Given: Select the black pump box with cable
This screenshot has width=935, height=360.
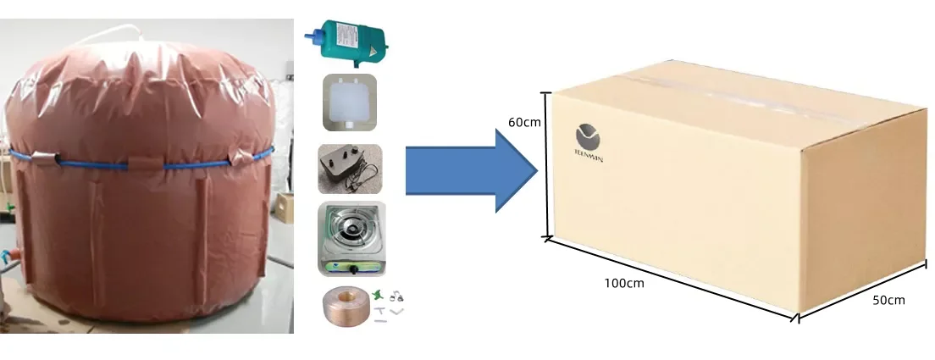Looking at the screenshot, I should pyautogui.click(x=345, y=166).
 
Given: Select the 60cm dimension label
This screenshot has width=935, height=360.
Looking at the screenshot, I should pyautogui.click(x=524, y=122).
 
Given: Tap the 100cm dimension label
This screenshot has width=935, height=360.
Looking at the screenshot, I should pyautogui.click(x=624, y=283).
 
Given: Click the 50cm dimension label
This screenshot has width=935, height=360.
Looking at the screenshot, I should pyautogui.click(x=888, y=301).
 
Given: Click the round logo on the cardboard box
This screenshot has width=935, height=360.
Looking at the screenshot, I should pyautogui.click(x=587, y=136).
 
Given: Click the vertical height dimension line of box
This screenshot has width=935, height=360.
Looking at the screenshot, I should pyautogui.click(x=548, y=165).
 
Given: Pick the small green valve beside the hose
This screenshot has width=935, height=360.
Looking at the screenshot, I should pyautogui.click(x=376, y=295).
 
